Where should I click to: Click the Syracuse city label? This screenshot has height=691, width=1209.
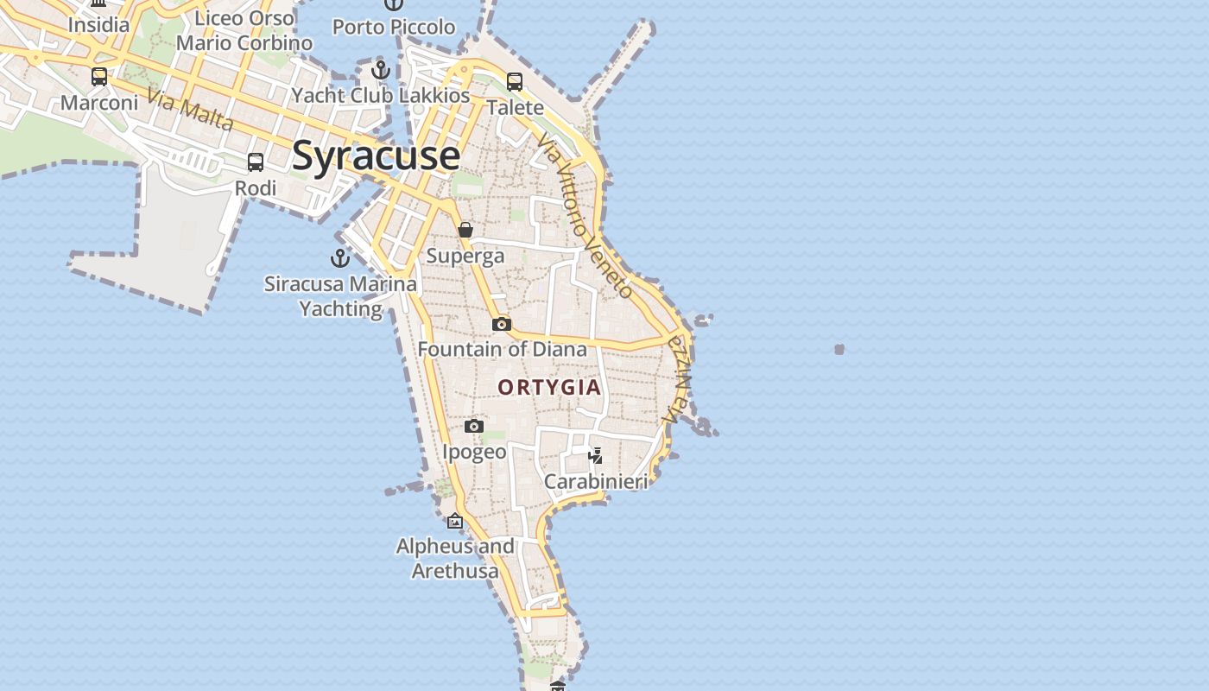(376, 156)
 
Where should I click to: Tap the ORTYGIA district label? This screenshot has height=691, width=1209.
(549, 387)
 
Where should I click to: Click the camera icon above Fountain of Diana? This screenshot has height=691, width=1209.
(502, 325)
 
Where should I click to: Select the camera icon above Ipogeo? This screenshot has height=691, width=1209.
(474, 427)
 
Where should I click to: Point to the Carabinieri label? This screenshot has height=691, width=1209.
(596, 482)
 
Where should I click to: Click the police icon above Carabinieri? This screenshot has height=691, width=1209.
(595, 455)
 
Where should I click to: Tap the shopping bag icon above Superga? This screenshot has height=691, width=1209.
(465, 230)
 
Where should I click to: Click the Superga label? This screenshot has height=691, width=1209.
(465, 256)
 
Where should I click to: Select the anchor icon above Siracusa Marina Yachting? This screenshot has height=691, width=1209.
(340, 258)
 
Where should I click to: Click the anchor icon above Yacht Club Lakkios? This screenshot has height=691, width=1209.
(381, 70)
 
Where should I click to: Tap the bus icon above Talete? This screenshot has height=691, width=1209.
(515, 82)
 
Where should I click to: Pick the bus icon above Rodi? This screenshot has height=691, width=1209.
(256, 162)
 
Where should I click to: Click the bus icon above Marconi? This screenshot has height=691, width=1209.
(99, 77)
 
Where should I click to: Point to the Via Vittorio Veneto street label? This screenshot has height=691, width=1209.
(585, 216)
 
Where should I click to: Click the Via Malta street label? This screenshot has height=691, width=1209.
(190, 110)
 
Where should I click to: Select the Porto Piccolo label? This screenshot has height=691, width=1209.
(394, 27)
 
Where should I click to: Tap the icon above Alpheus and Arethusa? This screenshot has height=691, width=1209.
(455, 521)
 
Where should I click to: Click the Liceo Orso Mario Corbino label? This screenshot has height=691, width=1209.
(244, 30)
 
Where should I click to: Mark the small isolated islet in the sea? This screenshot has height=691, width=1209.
(839, 349)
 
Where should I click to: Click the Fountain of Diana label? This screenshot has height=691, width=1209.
(503, 350)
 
